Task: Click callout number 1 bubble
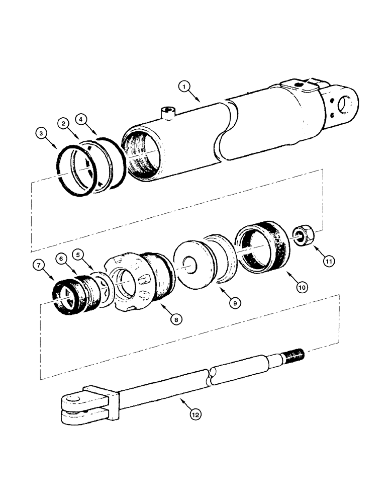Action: pos(185,87)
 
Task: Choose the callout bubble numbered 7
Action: pos(38,265)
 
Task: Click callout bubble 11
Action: pos(329,261)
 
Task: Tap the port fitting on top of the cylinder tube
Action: pos(167,113)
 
